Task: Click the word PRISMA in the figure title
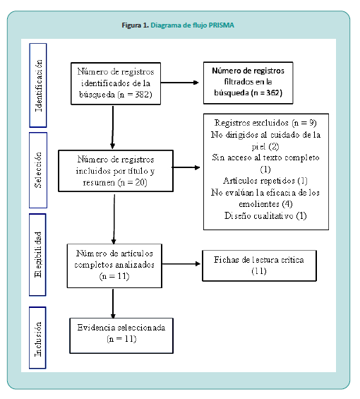pos(221,25)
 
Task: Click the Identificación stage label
pos(38,85)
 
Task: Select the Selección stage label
pos(38,170)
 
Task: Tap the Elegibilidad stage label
pos(37,254)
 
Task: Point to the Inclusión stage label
pos(37,339)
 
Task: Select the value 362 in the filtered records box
pos(272,93)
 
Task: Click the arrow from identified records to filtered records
pos(179,83)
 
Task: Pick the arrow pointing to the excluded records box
pos(186,167)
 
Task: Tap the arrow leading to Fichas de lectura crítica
pos(181,264)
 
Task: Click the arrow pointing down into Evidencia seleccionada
pos(113,304)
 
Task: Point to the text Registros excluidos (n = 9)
pos(265,123)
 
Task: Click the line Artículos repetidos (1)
pos(265,181)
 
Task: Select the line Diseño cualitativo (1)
pos(265,216)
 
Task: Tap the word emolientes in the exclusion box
pos(259,204)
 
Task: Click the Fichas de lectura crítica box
pos(259,266)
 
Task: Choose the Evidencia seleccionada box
pos(121,335)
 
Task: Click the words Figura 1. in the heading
pos(135,25)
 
